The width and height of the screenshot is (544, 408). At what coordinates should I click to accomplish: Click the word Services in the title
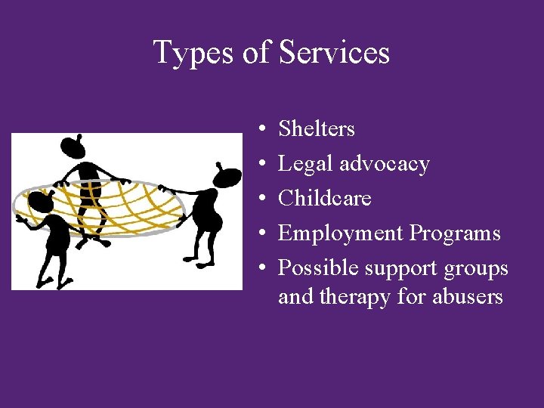point(334,53)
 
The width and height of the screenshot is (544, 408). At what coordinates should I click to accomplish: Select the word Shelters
point(317,129)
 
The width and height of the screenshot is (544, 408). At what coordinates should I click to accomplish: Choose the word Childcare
point(325,199)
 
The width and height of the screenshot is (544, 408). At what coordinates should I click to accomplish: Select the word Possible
point(318,268)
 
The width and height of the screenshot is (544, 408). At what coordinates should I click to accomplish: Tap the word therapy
point(355,297)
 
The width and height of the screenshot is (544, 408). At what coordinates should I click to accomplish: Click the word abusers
point(467,297)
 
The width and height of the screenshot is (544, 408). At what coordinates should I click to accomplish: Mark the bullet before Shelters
point(261,130)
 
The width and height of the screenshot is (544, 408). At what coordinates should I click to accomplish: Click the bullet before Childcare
point(261,199)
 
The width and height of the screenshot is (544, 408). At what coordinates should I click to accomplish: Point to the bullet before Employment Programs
point(261,234)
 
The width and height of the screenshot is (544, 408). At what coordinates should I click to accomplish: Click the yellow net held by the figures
point(113,208)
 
